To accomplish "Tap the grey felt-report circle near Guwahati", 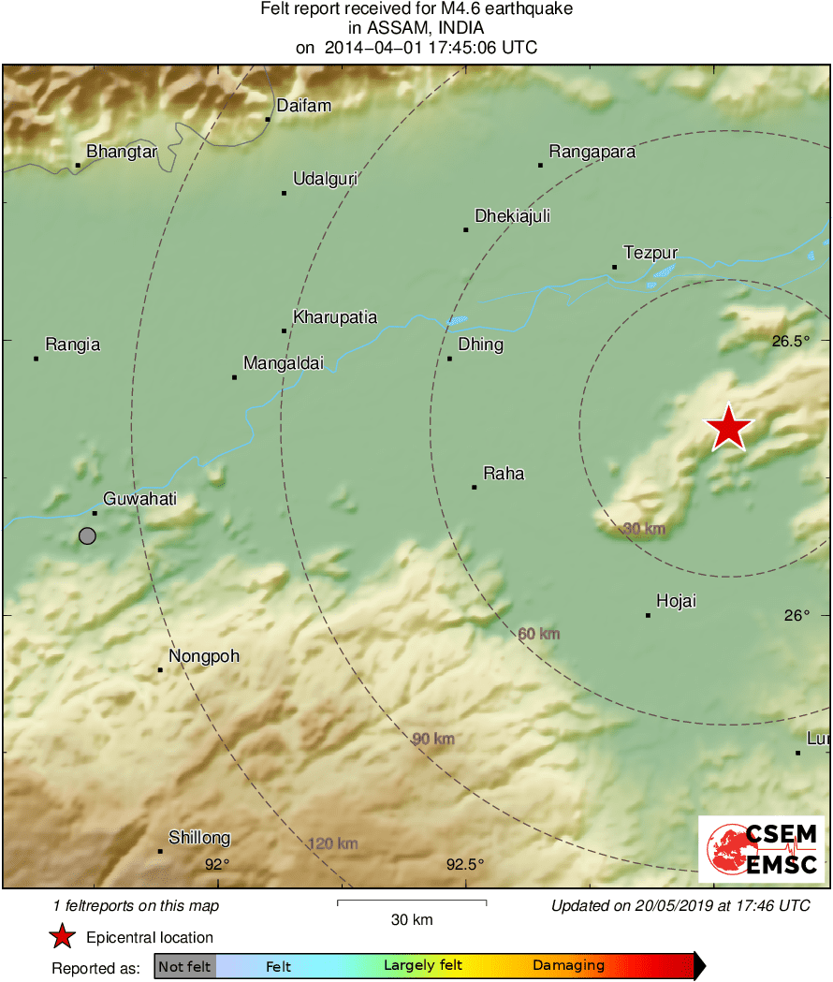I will click(x=87, y=535).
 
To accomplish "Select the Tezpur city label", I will click(x=650, y=252).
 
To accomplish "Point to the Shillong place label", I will click(x=199, y=838).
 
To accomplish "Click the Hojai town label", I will click(x=676, y=601).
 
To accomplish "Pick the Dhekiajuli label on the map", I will click(x=512, y=216).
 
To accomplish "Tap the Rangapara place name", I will click(x=592, y=152).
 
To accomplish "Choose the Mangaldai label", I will click(x=284, y=363).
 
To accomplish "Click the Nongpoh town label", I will click(x=204, y=656).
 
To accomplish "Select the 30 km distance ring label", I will click(x=644, y=530).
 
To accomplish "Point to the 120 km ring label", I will click(x=333, y=844).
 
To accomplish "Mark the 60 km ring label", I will click(x=539, y=635).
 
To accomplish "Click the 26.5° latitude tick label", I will click(x=791, y=341).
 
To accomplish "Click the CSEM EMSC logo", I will click(x=761, y=848).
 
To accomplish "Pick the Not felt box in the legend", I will click(x=184, y=966).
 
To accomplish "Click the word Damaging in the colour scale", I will click(x=569, y=966).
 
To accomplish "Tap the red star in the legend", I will click(x=62, y=937).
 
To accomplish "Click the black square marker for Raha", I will click(x=475, y=487).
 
